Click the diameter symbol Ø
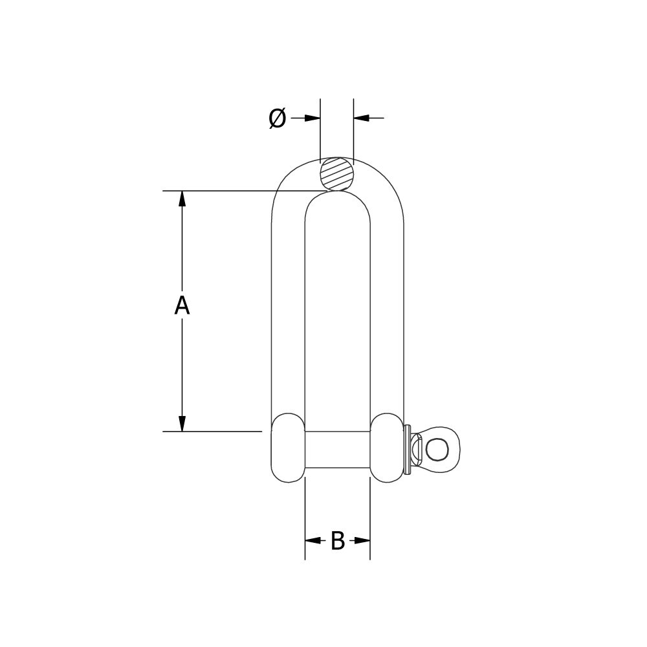[x=277, y=118]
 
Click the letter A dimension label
[x=182, y=305]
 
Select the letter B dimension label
[x=337, y=541]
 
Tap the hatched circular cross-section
[x=337, y=174]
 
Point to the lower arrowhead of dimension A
[x=182, y=424]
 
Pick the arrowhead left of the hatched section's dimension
[x=313, y=118]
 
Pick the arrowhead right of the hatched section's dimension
[x=362, y=118]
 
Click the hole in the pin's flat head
[x=437, y=449]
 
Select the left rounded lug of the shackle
[x=288, y=448]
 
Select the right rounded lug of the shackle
[x=387, y=448]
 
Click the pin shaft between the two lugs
[x=337, y=449]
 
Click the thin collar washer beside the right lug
[x=407, y=449]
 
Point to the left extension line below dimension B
[x=305, y=518]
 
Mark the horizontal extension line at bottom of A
[x=214, y=432]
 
